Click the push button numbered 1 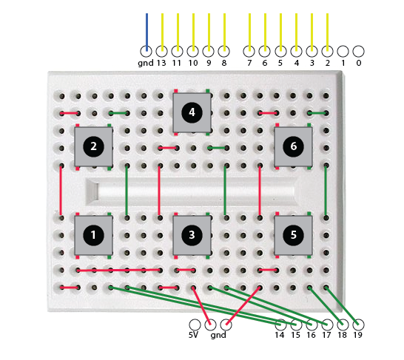click(93, 235)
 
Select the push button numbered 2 click(93, 146)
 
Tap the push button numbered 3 click(192, 235)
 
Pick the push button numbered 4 click(192, 112)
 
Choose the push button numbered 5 click(294, 235)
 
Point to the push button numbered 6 click(294, 146)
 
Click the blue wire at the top click(147, 33)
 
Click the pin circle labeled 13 click(162, 52)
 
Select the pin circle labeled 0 click(358, 52)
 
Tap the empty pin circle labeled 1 click(343, 52)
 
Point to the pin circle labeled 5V click(195, 325)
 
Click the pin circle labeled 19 click(358, 325)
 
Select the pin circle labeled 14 click(280, 325)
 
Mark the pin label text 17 click(326, 336)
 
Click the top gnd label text click(146, 64)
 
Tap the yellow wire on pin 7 click(249, 33)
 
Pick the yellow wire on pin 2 click(328, 33)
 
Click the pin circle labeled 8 click(224, 52)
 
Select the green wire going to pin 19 click(342, 306)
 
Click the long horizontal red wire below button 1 click(119, 271)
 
